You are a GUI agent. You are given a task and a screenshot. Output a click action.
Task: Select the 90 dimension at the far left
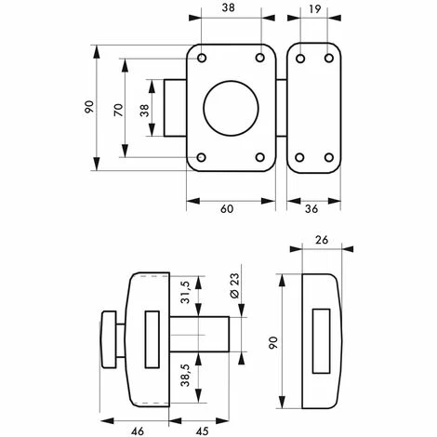point(89,107)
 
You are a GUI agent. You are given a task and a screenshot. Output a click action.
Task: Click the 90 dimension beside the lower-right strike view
point(271,340)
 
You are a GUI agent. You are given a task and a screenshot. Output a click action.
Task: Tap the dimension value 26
point(322,239)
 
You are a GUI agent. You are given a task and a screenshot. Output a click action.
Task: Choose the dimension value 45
point(201,429)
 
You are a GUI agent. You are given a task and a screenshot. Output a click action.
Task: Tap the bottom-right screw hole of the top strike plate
point(328,157)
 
